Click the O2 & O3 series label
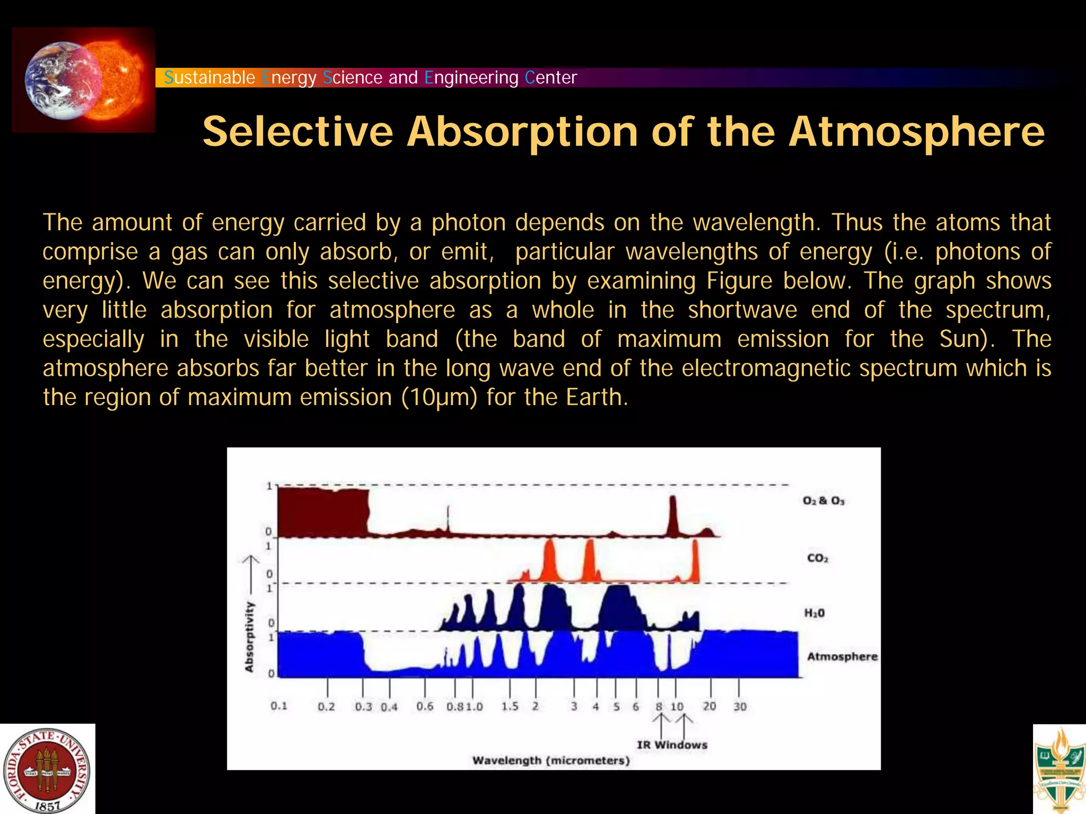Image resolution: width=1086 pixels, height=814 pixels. [823, 500]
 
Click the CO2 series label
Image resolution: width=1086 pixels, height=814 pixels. [817, 558]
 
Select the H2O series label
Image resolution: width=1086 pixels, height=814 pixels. [814, 613]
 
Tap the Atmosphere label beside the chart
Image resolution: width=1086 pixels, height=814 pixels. [842, 656]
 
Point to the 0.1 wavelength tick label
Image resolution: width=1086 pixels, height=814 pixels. [279, 706]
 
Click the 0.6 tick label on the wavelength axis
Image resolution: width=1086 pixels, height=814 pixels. [425, 706]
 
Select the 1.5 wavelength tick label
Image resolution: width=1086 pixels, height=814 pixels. [510, 706]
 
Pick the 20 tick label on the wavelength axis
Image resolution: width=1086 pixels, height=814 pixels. [709, 706]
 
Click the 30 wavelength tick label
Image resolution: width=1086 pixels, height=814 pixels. [740, 706]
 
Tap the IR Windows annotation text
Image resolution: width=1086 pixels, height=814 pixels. [672, 744]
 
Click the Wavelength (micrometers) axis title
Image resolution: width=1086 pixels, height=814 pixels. [551, 760]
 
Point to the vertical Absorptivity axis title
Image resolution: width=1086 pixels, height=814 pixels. [249, 637]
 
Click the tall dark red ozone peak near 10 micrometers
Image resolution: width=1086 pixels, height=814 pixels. [672, 515]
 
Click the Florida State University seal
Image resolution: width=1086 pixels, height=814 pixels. [47, 769]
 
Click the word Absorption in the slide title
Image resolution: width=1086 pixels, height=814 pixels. [522, 132]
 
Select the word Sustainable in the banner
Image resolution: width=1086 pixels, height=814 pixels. [209, 77]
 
